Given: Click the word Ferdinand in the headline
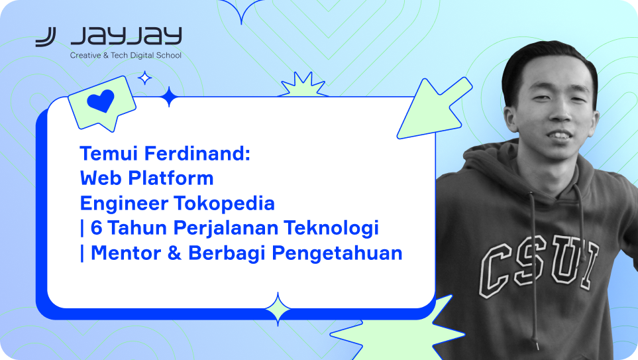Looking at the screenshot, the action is [197, 154].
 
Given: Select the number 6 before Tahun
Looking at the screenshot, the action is [97, 227].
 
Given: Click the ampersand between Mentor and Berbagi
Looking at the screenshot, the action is [174, 253].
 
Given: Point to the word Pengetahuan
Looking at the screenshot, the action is [337, 254].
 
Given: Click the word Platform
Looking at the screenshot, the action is [171, 178].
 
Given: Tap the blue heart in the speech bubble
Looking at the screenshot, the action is [101, 101].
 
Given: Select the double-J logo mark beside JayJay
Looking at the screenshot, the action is [46, 37].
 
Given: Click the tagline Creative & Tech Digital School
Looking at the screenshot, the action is [126, 56].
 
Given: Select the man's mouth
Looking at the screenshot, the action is [560, 135].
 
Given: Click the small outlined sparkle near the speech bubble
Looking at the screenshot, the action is [144, 78].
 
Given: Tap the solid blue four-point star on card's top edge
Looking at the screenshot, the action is [169, 97].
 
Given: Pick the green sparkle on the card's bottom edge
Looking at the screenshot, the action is [278, 309].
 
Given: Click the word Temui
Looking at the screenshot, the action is [109, 154].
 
